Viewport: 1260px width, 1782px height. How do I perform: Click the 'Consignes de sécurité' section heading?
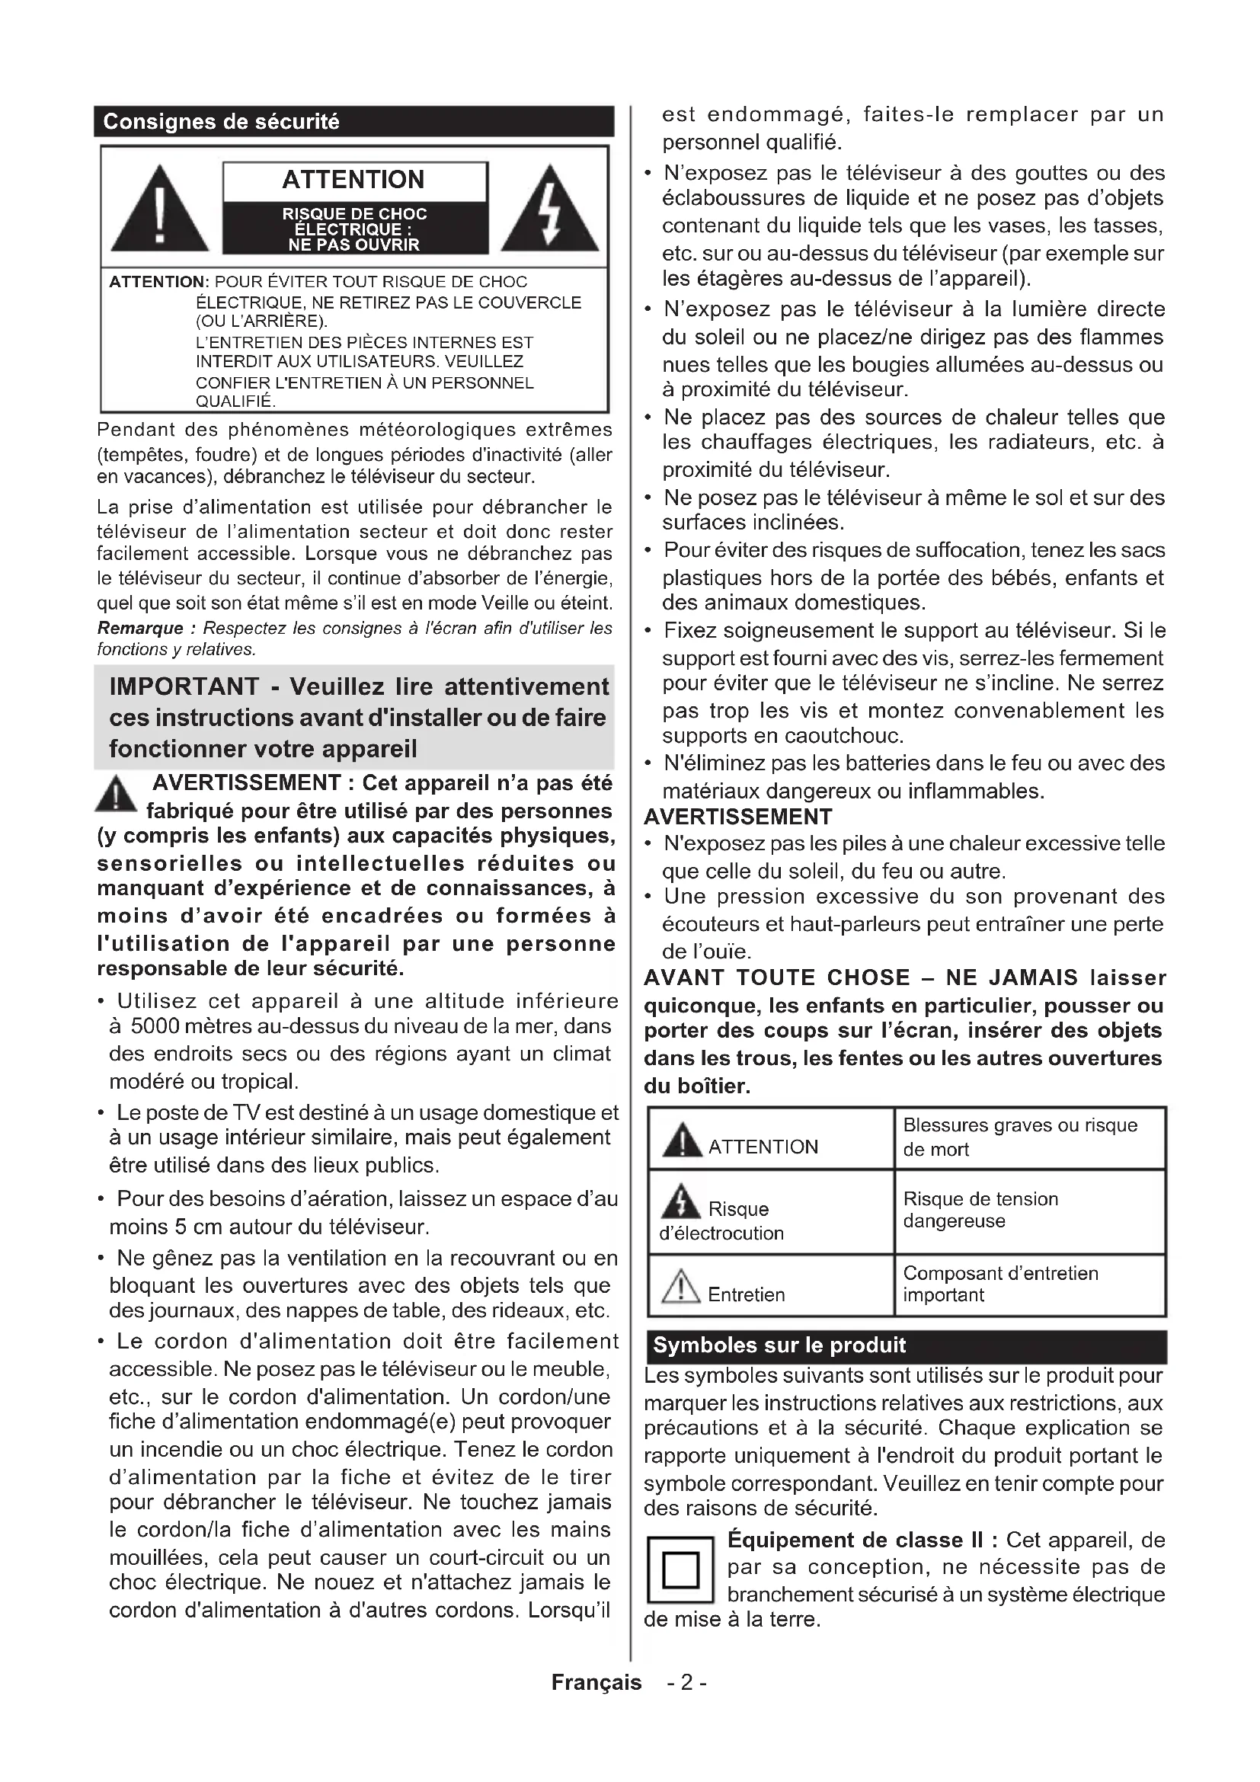pyautogui.click(x=221, y=122)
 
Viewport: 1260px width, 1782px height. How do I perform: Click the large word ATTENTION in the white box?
pyautogui.click(x=353, y=180)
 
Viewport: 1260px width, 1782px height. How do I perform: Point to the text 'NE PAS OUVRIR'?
pyautogui.click(x=353, y=245)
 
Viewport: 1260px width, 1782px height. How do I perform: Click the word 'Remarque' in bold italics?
pyautogui.click(x=140, y=628)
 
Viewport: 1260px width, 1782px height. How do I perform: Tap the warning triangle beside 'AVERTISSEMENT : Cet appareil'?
pyautogui.click(x=117, y=795)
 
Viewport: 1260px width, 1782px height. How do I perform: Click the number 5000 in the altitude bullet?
pyautogui.click(x=155, y=1026)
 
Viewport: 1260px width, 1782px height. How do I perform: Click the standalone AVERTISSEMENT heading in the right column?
pyautogui.click(x=738, y=817)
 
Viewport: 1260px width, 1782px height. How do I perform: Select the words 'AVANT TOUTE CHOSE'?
pyautogui.click(x=776, y=978)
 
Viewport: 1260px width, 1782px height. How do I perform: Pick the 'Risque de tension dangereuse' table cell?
pyautogui.click(x=980, y=1210)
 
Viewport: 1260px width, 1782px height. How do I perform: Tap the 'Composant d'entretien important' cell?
pyautogui.click(x=1000, y=1284)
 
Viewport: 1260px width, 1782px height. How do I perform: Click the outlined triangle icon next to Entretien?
pyautogui.click(x=681, y=1286)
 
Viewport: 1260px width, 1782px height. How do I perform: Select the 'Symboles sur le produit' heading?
pyautogui.click(x=779, y=1345)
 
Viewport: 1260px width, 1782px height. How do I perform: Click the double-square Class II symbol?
pyautogui.click(x=680, y=1570)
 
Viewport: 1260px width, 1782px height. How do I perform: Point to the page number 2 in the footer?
pyautogui.click(x=686, y=1682)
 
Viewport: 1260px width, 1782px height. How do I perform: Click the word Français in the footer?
pyautogui.click(x=596, y=1682)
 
